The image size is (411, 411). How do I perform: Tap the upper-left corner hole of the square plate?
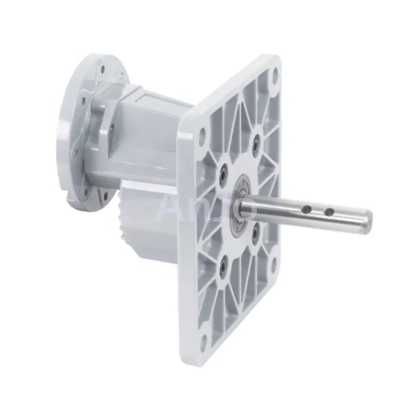click(202, 135)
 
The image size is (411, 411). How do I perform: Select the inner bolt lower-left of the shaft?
click(223, 267)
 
